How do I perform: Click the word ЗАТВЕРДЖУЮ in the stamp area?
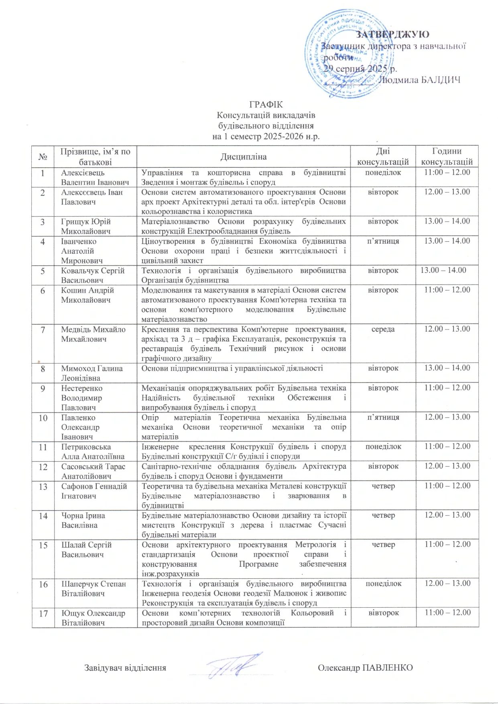click(392, 35)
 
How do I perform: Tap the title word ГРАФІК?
click(266, 105)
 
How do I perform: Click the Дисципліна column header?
click(244, 157)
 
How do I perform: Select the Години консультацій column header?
click(447, 157)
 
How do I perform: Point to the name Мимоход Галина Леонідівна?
click(92, 373)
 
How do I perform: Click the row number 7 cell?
click(43, 330)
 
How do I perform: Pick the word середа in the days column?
click(383, 329)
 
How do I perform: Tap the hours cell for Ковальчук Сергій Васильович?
click(443, 270)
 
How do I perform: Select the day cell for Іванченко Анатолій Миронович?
click(383, 241)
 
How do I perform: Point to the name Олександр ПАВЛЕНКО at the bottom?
click(365, 667)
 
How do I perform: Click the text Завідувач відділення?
click(125, 668)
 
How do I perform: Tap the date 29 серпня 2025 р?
click(360, 69)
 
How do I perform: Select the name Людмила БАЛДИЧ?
click(419, 79)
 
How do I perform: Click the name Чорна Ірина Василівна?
click(83, 520)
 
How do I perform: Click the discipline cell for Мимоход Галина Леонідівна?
click(232, 368)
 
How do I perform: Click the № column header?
click(43, 157)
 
